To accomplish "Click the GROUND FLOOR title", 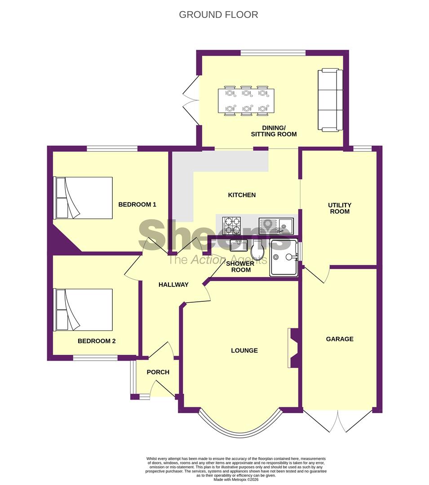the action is [218, 14].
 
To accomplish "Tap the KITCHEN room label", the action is [242, 195].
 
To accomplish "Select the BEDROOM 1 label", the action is [137, 204].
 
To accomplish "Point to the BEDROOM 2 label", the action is [97, 341].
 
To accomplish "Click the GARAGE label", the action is [340, 339].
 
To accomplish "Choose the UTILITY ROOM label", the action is [340, 208].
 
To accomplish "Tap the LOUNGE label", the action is [244, 350].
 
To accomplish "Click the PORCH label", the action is [158, 372].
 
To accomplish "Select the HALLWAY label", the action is [173, 285].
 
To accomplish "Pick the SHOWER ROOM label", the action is [240, 267].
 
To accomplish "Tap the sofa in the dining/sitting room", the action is [330, 100].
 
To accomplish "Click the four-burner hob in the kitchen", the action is [231, 225].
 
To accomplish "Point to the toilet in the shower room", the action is [257, 250].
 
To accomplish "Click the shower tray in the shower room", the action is [284, 257].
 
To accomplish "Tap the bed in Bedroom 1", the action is [83, 198].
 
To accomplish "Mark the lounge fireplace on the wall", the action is [292, 348].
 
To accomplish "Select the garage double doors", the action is [338, 421].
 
